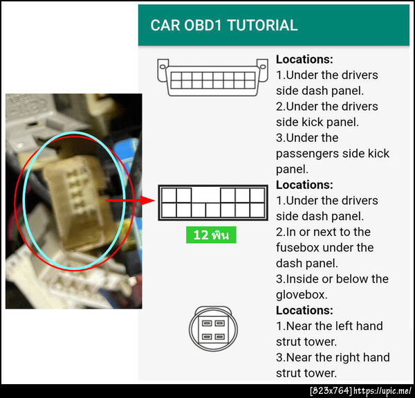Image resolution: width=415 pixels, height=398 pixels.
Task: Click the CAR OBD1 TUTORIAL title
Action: point(224,25)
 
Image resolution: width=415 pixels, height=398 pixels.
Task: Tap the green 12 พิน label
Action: point(211,235)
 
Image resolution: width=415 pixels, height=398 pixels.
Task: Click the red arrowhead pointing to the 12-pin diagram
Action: point(148,201)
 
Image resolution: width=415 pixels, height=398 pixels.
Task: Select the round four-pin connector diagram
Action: point(213,329)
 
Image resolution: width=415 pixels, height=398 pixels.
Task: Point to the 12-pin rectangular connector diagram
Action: point(213,203)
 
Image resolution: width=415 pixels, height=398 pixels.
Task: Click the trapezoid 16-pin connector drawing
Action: point(212,78)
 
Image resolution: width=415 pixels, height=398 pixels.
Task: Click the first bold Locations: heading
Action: point(304,60)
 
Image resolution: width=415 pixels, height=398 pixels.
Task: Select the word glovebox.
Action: point(302,295)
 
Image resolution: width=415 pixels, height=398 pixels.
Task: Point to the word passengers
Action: point(306,154)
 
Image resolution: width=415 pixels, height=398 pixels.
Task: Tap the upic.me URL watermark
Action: point(382,391)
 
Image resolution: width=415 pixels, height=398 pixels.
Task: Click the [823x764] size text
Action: point(331,391)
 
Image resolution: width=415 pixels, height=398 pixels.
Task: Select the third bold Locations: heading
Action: point(304,310)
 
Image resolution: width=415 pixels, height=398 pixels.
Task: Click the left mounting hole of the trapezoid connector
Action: point(163,66)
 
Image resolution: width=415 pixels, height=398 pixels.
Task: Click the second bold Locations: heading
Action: point(304,185)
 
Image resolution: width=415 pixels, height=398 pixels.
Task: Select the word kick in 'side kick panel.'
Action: point(312,122)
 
